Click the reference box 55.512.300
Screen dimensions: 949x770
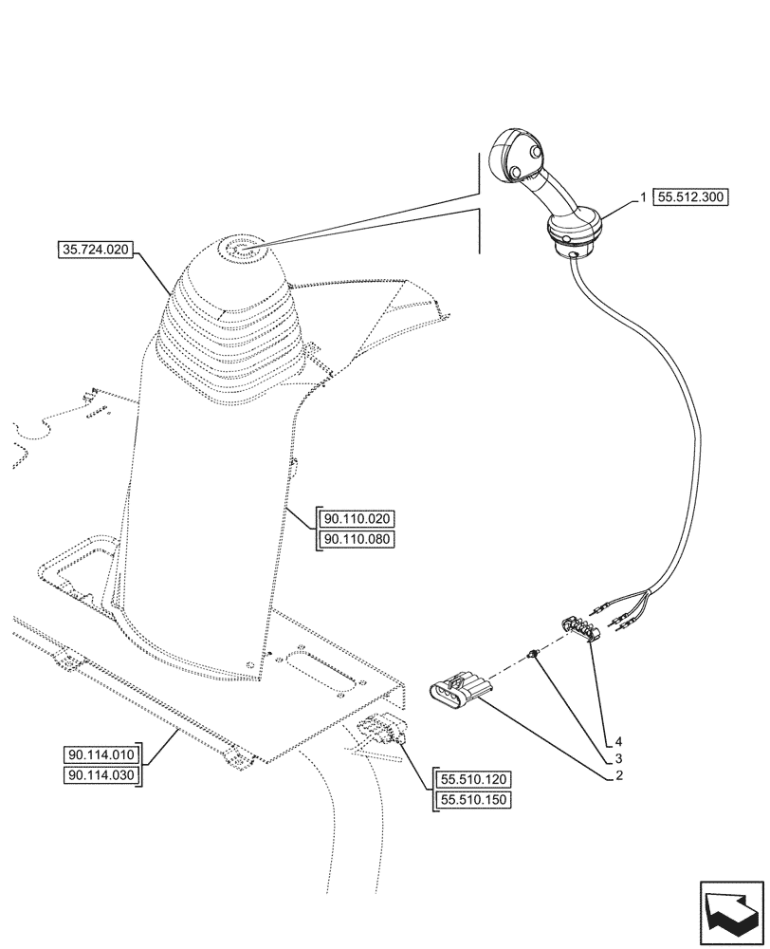tap(689, 198)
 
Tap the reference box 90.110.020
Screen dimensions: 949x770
tap(359, 518)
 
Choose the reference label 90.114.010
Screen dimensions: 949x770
tap(101, 755)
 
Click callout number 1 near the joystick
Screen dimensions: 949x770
tap(643, 197)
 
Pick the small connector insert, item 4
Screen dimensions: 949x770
tap(577, 629)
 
